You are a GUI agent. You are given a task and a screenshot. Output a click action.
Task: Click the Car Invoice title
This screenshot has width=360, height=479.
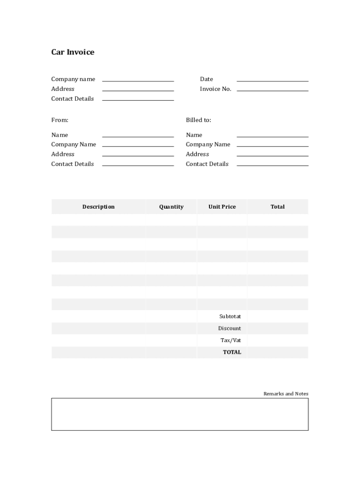click(x=72, y=52)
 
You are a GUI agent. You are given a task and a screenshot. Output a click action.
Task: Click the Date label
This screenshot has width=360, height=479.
click(x=206, y=79)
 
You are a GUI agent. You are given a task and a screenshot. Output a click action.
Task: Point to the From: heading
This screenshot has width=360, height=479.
click(x=59, y=120)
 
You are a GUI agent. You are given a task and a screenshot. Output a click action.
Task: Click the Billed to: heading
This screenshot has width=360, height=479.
click(x=198, y=120)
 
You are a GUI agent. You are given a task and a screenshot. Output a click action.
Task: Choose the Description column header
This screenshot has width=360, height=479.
click(x=98, y=207)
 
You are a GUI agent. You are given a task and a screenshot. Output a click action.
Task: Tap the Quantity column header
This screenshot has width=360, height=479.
click(x=171, y=207)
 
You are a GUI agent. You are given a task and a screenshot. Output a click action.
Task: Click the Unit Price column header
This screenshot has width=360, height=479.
click(x=222, y=207)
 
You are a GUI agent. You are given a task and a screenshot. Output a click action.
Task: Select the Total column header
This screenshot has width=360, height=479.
click(x=277, y=207)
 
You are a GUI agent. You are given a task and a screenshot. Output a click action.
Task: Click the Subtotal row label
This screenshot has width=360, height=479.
click(x=230, y=317)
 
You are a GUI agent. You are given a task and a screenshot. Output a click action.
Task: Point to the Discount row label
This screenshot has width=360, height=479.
click(x=230, y=328)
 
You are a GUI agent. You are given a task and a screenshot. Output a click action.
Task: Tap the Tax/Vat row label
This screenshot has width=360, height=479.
click(x=230, y=341)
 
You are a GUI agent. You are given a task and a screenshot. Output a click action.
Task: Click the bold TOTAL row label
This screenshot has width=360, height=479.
click(x=232, y=352)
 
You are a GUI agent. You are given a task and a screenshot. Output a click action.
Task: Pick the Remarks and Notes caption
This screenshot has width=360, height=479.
click(x=286, y=394)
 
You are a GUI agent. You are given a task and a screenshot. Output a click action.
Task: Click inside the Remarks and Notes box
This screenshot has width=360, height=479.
click(x=180, y=414)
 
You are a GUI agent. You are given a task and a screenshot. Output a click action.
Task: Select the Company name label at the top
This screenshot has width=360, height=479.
click(x=73, y=79)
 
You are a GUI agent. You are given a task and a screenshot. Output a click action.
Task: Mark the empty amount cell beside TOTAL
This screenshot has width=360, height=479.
click(x=277, y=352)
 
